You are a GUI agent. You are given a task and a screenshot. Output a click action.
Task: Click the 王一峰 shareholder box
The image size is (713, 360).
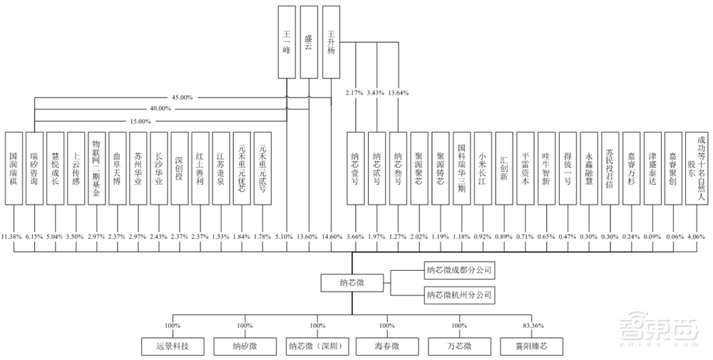(286, 41)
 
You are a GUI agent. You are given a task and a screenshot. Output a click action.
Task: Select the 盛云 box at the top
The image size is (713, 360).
(309, 41)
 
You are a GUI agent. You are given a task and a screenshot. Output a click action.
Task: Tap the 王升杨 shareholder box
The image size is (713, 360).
(332, 41)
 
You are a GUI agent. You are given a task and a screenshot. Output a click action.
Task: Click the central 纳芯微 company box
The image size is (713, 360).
(352, 282)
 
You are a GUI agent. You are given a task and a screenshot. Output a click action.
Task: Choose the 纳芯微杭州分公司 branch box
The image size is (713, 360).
(460, 293)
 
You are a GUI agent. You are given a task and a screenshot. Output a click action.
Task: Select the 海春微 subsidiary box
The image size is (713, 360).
(387, 346)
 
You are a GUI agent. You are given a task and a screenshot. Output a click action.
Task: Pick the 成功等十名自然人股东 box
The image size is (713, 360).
(696, 168)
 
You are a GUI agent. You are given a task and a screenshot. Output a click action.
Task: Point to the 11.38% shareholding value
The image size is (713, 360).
(13, 235)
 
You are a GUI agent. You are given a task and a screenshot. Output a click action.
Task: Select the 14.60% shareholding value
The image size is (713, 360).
(332, 235)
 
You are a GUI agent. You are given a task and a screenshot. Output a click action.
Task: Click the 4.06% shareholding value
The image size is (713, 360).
(696, 235)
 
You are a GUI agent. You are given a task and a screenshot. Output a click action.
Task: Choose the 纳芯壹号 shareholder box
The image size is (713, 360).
(355, 168)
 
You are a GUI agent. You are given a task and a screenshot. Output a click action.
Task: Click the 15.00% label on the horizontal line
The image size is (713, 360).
(140, 121)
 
